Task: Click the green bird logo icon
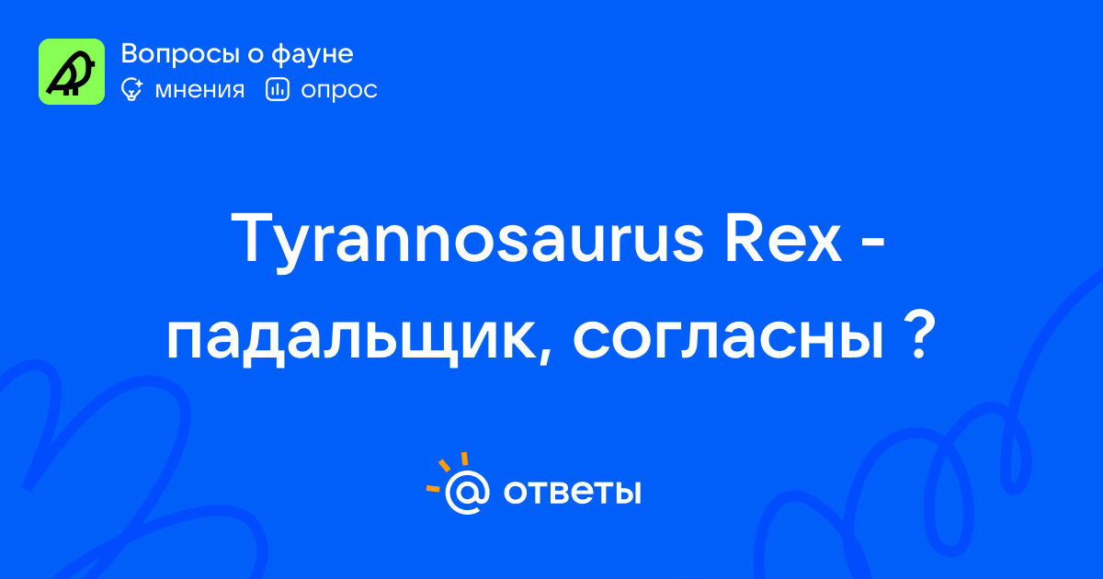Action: [x=72, y=72]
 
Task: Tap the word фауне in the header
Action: [x=313, y=54]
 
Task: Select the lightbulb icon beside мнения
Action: [x=131, y=89]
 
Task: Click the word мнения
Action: [x=199, y=90]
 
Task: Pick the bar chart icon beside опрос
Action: [x=278, y=89]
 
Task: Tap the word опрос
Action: [x=339, y=91]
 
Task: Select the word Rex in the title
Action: [x=783, y=239]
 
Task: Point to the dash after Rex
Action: [x=874, y=241]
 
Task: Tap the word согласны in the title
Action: [x=728, y=337]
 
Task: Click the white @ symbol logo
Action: [x=467, y=493]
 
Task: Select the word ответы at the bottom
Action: [x=572, y=493]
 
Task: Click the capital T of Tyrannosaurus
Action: [x=251, y=238]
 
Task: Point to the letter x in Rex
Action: [x=824, y=244]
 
